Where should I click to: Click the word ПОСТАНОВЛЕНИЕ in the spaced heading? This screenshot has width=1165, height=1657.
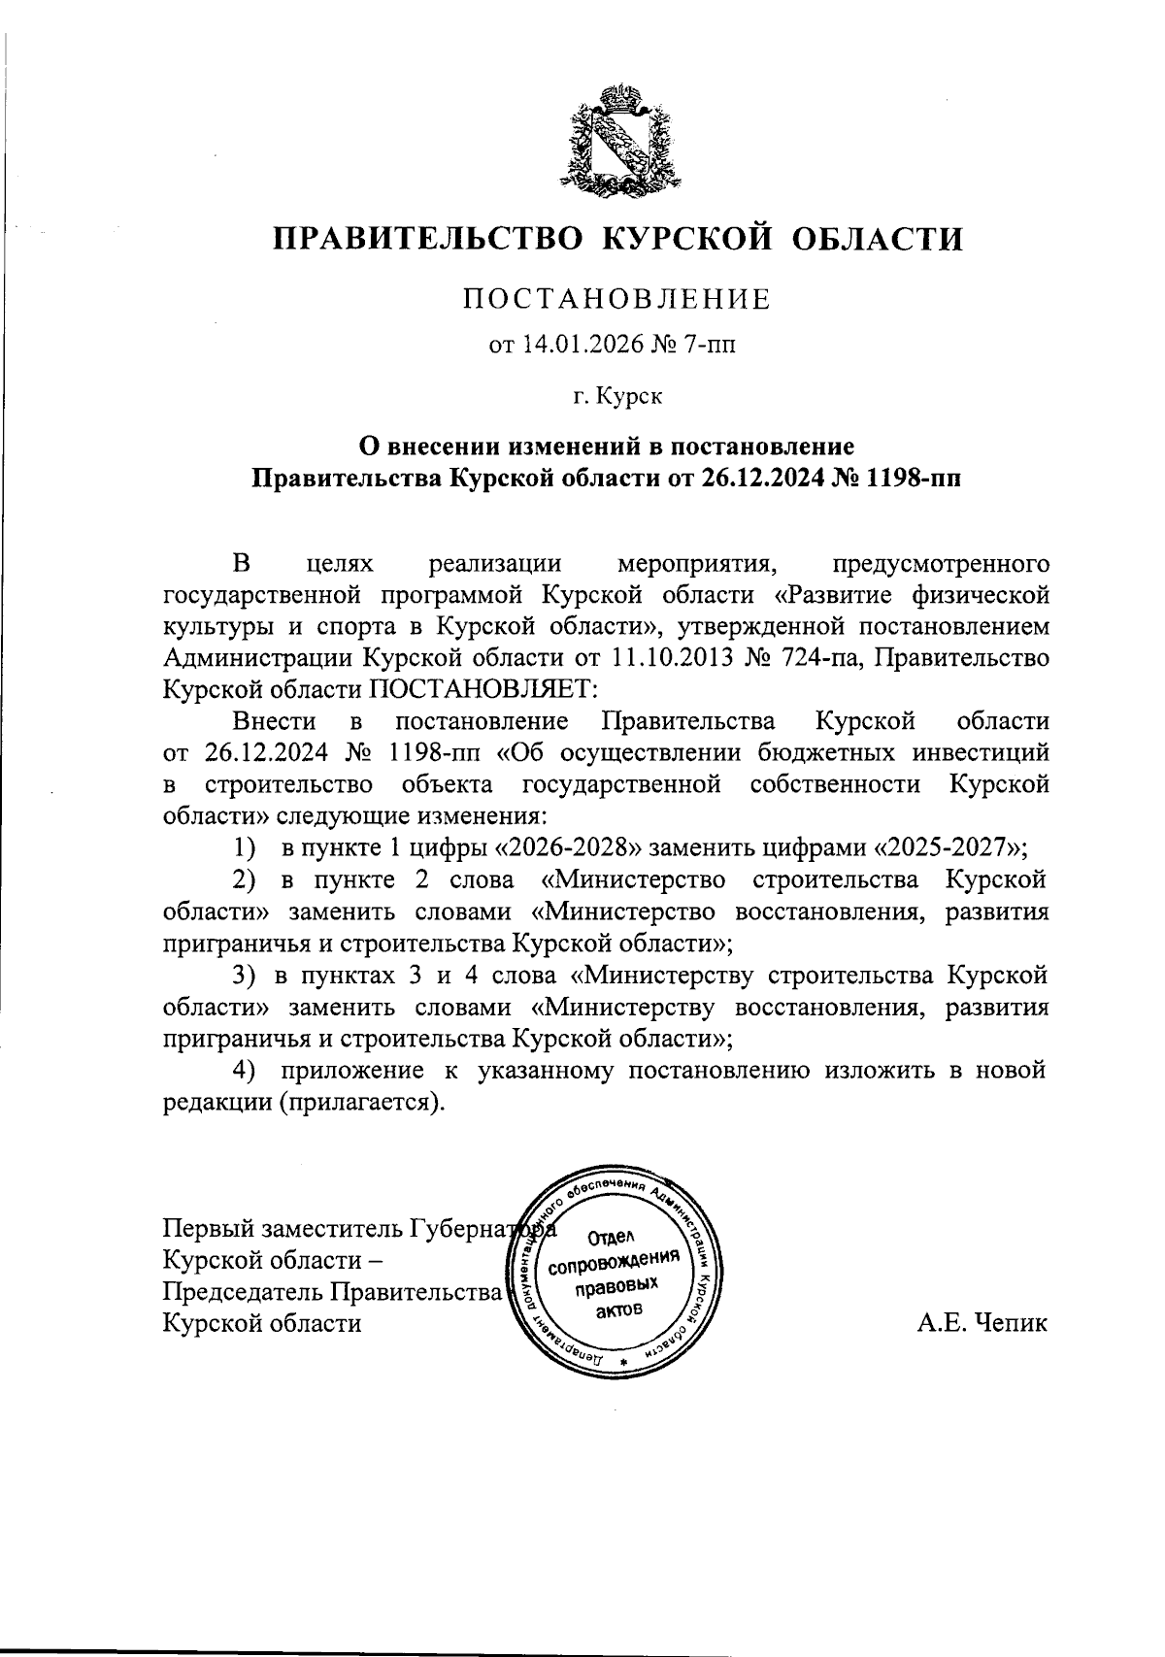(x=616, y=298)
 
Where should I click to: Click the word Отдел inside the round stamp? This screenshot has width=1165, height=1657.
(x=611, y=1240)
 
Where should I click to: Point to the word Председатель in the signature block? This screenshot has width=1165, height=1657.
(x=245, y=1292)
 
